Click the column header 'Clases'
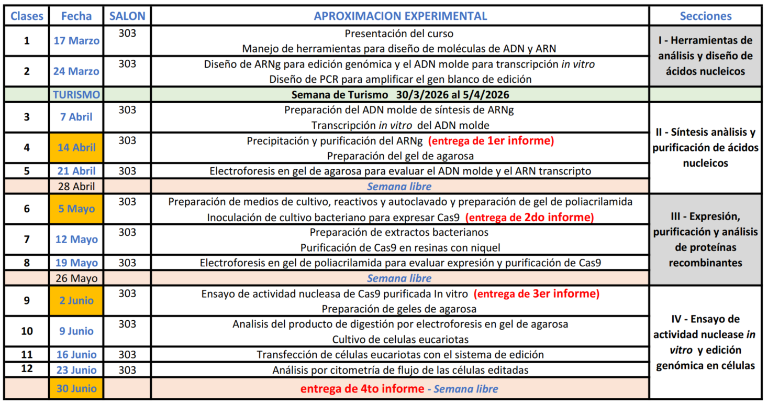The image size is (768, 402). [x=27, y=16]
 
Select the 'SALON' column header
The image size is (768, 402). [x=127, y=16]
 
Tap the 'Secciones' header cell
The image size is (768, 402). [x=705, y=16]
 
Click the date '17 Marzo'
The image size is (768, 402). [x=76, y=40]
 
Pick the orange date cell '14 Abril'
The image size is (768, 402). [x=76, y=147]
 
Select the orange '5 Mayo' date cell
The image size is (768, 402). [x=76, y=209]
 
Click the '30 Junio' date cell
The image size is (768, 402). [x=76, y=389]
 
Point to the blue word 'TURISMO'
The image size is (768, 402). [x=76, y=95]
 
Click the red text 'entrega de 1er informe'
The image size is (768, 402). [x=491, y=140]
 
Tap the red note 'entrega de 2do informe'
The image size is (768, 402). [x=529, y=217]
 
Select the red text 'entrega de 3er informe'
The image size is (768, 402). [x=537, y=294]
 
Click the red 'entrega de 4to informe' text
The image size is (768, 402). [x=362, y=389]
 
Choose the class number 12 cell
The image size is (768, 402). [x=27, y=369]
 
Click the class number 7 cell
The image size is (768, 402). [x=27, y=240]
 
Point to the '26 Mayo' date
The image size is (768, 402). [x=76, y=278]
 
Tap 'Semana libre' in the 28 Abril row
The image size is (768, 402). [x=399, y=186]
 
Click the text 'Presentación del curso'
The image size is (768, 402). [x=399, y=34]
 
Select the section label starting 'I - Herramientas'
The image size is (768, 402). [x=705, y=56]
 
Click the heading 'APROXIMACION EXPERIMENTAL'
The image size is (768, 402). [x=400, y=16]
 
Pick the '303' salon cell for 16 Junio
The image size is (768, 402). [x=127, y=355]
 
